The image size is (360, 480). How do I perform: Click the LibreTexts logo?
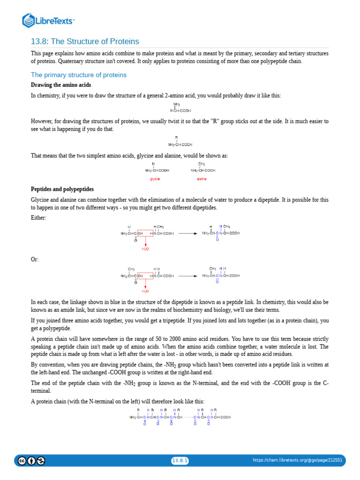coord(49,20)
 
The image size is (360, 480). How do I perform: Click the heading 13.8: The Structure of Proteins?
coord(85,42)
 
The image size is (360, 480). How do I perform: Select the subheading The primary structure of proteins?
coord(78,75)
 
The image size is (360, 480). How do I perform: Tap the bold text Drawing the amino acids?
coord(61,85)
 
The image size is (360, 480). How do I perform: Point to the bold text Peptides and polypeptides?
coord(62,189)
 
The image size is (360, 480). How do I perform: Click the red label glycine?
coord(155,179)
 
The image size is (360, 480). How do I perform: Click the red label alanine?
coord(202,179)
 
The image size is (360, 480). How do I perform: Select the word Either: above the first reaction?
coord(38,218)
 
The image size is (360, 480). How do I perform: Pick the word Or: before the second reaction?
coord(35,259)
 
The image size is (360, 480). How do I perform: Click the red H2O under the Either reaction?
coord(145,249)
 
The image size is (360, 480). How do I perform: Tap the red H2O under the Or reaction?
coord(145,291)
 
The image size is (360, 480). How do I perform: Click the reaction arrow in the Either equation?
coord(188,233)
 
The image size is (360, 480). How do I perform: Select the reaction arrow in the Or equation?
coord(188,276)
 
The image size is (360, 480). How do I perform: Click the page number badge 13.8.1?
coord(180,460)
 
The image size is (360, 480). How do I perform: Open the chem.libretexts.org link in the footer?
coord(297,460)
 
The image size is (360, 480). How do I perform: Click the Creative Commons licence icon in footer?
coord(22,460)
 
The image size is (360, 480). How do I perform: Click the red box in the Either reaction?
coord(145,233)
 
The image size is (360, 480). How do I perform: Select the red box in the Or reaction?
coord(145,276)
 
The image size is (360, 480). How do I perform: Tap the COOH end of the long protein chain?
coord(225,417)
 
